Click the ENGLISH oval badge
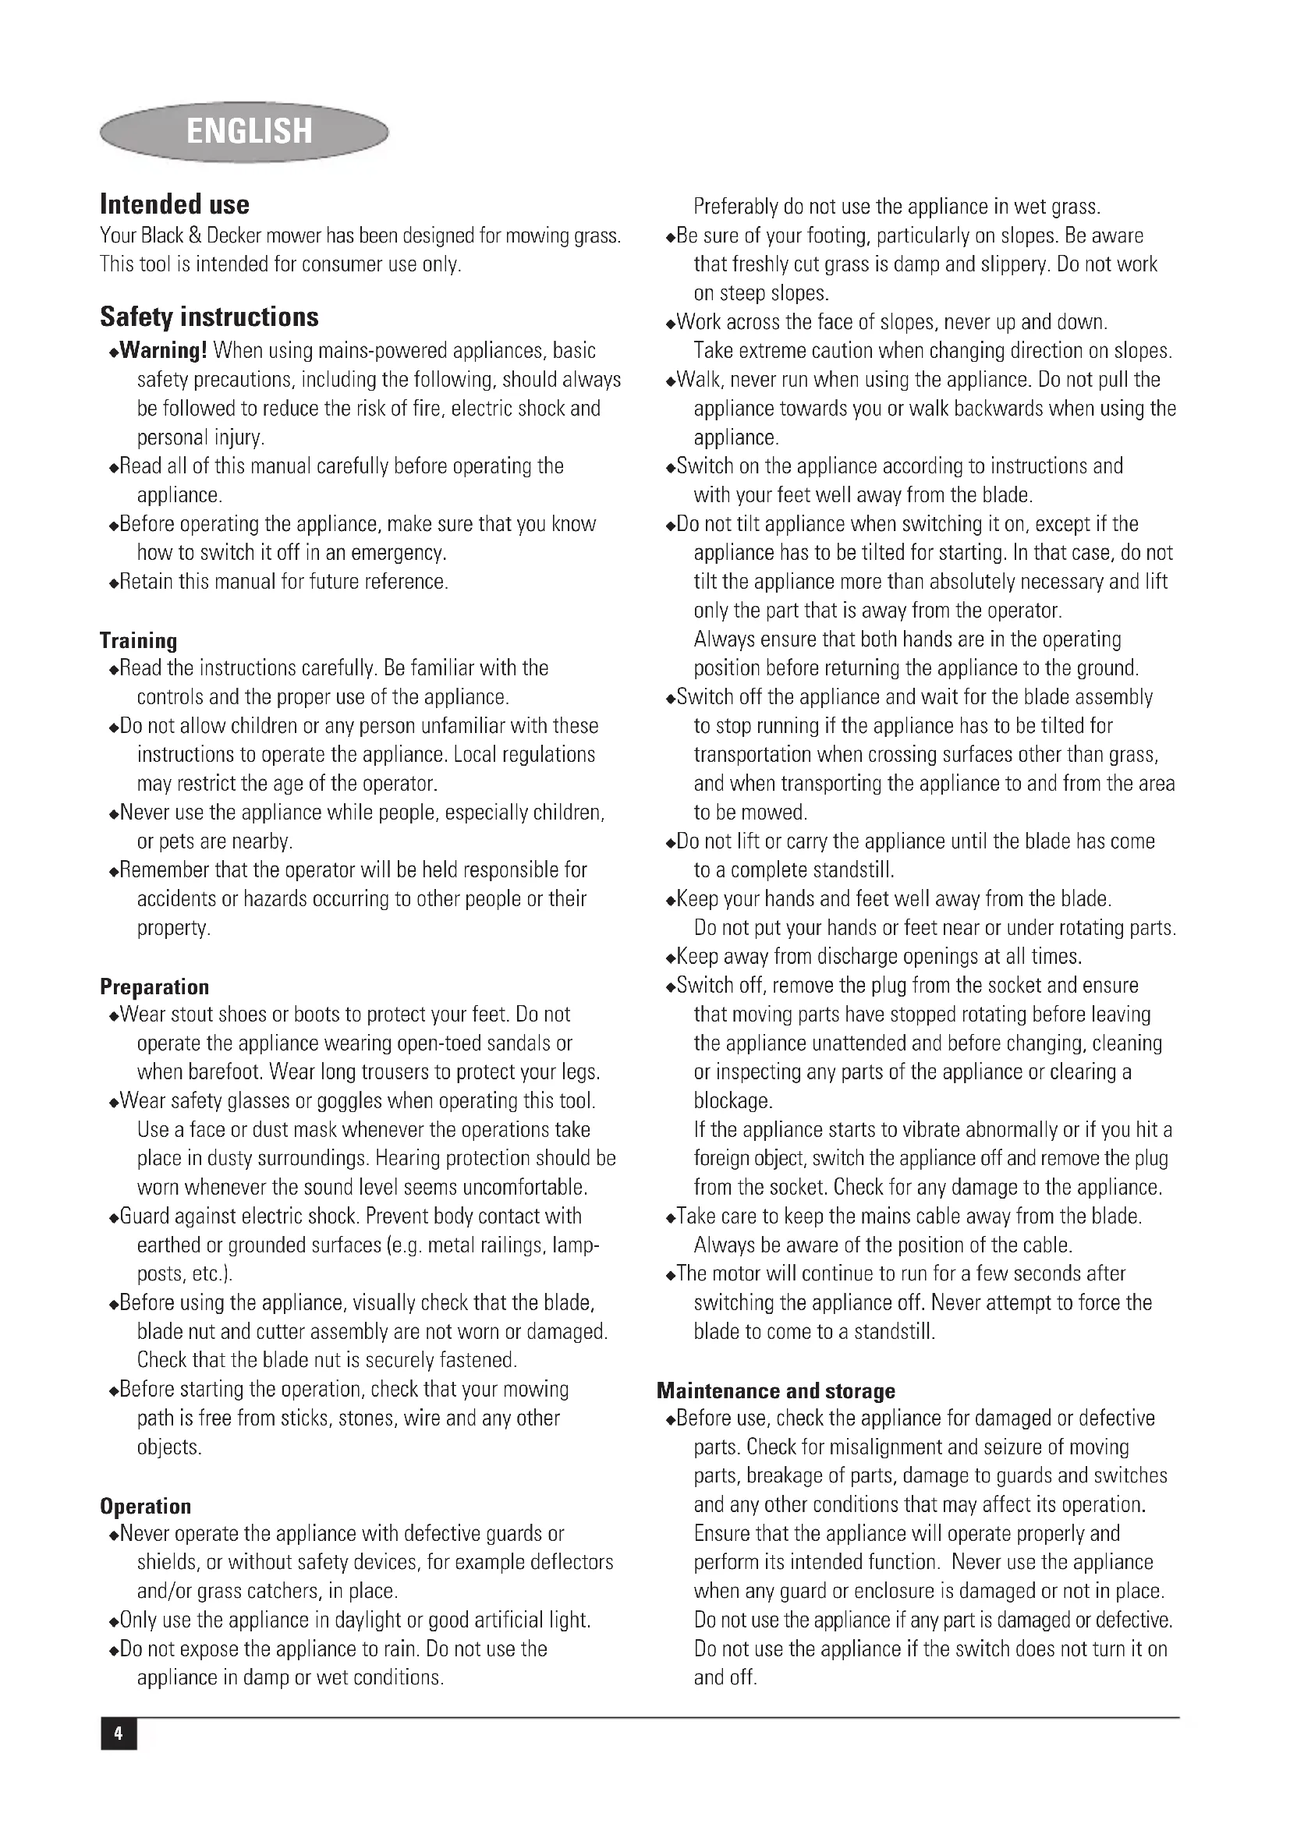coord(245,131)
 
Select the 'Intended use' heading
coord(175,205)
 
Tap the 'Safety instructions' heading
coord(209,317)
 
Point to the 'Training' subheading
coord(138,640)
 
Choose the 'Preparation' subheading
coord(154,986)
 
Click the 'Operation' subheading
coord(145,1507)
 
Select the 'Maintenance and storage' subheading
coord(775,1390)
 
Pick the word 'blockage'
coord(732,1101)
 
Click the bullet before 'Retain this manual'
coord(114,583)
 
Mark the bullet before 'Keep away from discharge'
coord(671,958)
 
